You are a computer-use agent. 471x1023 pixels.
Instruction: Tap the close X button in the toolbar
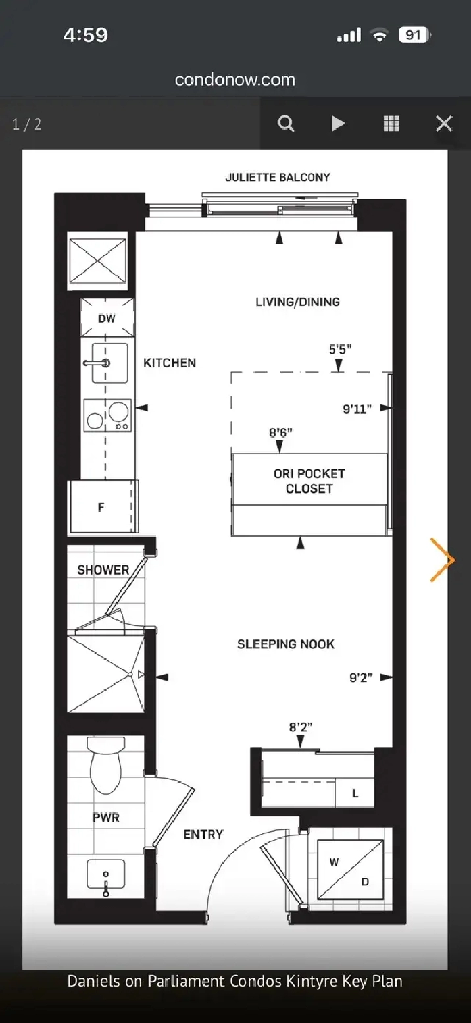click(x=443, y=123)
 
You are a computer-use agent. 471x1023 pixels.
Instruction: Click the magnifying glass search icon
click(x=286, y=123)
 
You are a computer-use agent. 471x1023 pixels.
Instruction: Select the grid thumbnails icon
click(x=391, y=123)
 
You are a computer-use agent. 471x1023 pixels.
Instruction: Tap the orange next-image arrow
click(x=442, y=560)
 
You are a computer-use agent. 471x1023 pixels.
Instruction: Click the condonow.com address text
click(x=235, y=80)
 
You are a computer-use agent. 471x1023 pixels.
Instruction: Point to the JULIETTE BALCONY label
click(x=278, y=177)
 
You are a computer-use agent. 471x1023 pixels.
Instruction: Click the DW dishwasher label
click(x=107, y=319)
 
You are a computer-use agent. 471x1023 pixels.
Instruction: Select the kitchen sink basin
click(x=110, y=363)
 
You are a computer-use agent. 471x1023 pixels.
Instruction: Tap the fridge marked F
click(x=103, y=506)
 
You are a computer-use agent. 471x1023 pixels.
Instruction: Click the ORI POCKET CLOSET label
click(x=309, y=481)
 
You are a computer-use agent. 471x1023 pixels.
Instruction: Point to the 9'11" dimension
click(x=357, y=409)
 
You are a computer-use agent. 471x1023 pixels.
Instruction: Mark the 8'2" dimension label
click(x=301, y=727)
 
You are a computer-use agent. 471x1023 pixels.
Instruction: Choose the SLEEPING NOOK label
click(x=286, y=644)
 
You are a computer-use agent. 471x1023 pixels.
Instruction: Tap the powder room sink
click(x=106, y=874)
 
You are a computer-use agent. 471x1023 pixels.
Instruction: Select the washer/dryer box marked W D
click(x=350, y=869)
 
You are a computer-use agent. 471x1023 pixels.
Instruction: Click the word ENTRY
click(x=203, y=834)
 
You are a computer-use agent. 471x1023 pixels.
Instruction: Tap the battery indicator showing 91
click(x=414, y=35)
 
